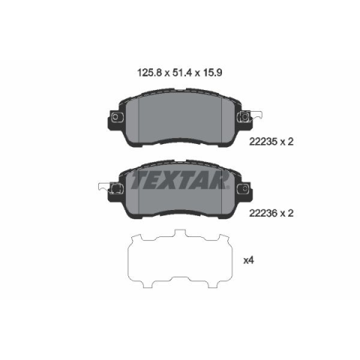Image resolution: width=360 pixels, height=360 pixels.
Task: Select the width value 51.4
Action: click(x=182, y=73)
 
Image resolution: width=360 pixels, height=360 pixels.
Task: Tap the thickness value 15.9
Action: click(x=212, y=73)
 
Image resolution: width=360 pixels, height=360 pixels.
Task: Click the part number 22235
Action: click(x=263, y=142)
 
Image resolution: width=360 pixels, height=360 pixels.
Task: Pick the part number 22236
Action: click(x=263, y=213)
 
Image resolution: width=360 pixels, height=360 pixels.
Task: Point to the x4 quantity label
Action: click(x=248, y=260)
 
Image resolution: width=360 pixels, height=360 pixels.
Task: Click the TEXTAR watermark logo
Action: click(x=179, y=180)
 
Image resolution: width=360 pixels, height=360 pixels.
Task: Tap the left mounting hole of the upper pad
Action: click(x=115, y=116)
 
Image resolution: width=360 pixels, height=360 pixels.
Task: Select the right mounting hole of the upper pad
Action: click(x=244, y=116)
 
